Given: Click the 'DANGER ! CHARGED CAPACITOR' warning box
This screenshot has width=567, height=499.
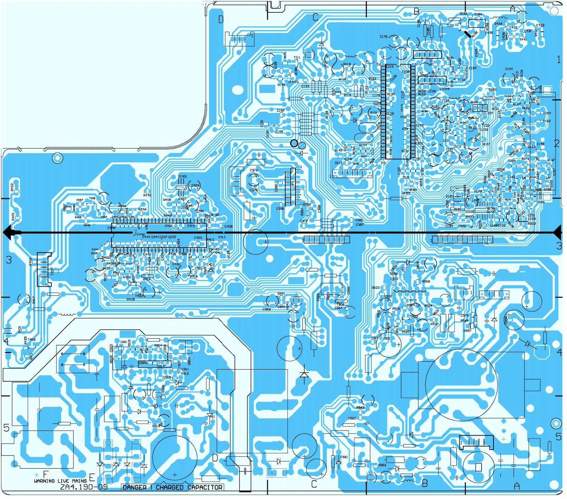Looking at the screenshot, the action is pyautogui.click(x=172, y=487).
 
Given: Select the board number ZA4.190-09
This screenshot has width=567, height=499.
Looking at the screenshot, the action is pyautogui.click(x=84, y=487).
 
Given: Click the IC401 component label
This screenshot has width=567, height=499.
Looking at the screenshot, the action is pyautogui.click(x=183, y=176).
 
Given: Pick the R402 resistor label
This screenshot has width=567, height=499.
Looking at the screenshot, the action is pyautogui.click(x=12, y=187).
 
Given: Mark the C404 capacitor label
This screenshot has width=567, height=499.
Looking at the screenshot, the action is pyautogui.click(x=195, y=185).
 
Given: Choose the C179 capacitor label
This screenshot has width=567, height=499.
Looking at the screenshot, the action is pyautogui.click(x=383, y=37).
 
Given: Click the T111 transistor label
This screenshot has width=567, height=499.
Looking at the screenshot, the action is pyautogui.click(x=297, y=57).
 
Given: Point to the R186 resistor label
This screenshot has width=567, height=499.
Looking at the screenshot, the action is pyautogui.click(x=463, y=13).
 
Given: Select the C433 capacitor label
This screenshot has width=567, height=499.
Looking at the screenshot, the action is pyautogui.click(x=540, y=25).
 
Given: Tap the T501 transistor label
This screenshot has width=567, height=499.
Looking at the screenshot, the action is pyautogui.click(x=386, y=338).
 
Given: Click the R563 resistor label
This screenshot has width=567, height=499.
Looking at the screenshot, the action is pyautogui.click(x=360, y=407).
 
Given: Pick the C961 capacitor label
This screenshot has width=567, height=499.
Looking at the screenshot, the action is pyautogui.click(x=344, y=457).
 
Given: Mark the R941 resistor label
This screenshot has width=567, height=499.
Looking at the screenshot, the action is pyautogui.click(x=281, y=294).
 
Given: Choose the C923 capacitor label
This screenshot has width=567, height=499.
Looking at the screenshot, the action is pyautogui.click(x=142, y=363).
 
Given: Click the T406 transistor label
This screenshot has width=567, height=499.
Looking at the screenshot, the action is pyautogui.click(x=32, y=339).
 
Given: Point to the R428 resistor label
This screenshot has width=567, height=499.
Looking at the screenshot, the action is pyautogui.click(x=130, y=299).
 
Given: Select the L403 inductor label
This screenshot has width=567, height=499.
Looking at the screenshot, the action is pyautogui.click(x=210, y=264).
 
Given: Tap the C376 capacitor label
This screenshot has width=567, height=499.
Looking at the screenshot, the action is pyautogui.click(x=253, y=170).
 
